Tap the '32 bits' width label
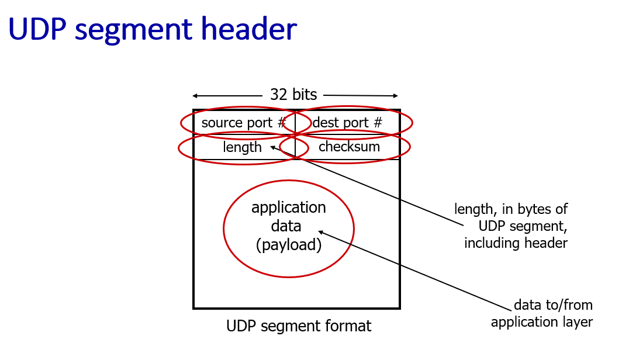click(293, 95)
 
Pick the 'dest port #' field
click(348, 123)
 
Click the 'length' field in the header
click(242, 147)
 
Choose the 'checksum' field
click(349, 147)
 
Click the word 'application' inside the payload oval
click(289, 207)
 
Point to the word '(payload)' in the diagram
click(289, 245)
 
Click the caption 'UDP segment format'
click(299, 326)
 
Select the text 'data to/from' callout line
click(553, 304)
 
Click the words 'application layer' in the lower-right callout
click(542, 322)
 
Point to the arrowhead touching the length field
click(273, 147)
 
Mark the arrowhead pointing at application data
click(321, 233)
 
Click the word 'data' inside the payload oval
click(286, 226)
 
